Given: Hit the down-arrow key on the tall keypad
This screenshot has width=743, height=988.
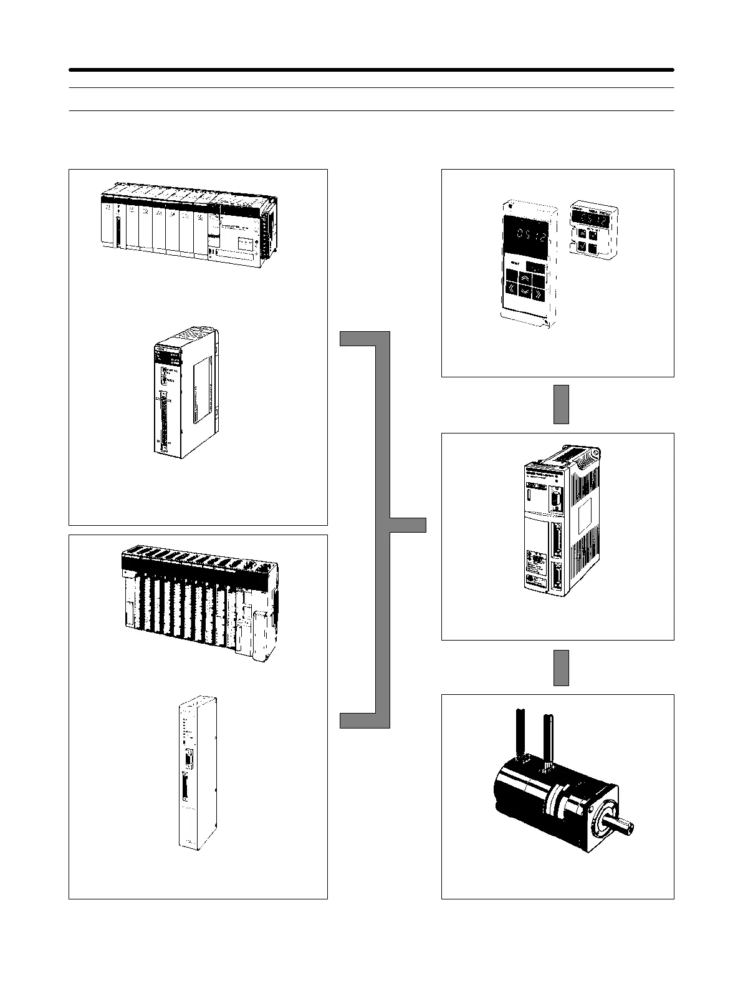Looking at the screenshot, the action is pyautogui.click(x=525, y=291).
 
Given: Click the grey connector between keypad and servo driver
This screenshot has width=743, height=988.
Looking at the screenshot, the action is pyautogui.click(x=561, y=404).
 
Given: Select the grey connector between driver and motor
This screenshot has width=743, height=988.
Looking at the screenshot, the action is pyautogui.click(x=561, y=667).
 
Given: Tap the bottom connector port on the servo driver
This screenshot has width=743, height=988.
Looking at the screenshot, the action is pyautogui.click(x=556, y=574).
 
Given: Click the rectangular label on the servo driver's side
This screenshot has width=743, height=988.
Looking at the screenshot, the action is pyautogui.click(x=585, y=517).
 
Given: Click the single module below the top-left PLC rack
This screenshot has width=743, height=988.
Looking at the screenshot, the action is pyautogui.click(x=185, y=392).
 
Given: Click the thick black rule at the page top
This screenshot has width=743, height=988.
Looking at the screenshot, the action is pyautogui.click(x=371, y=70).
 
